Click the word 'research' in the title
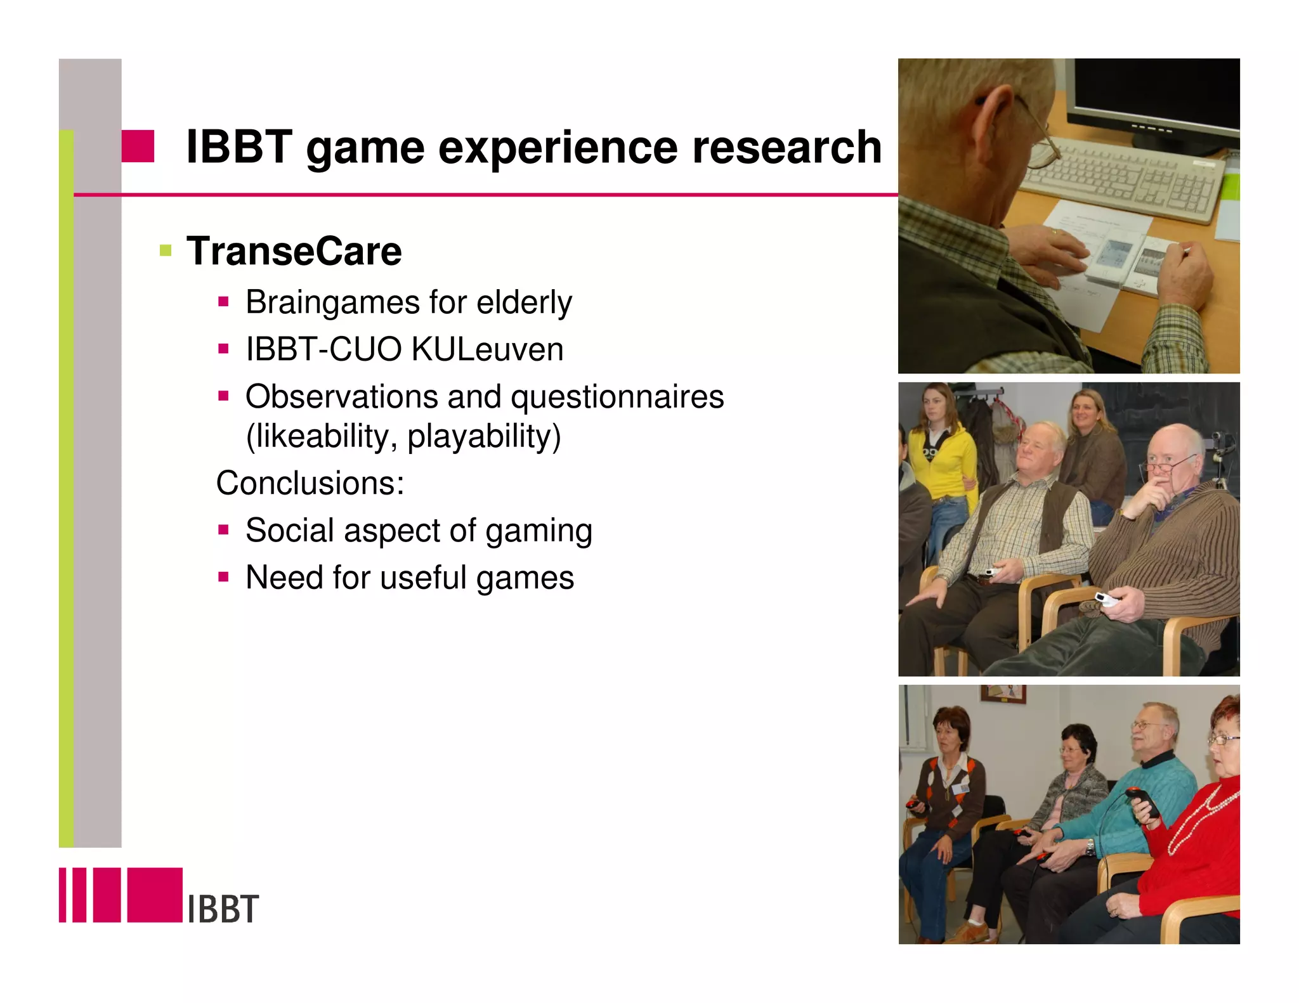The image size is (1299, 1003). pos(787,147)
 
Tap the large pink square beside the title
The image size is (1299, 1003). pos(138,146)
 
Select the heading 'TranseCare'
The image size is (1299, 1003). pos(294,251)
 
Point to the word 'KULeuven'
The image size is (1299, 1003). pos(487,349)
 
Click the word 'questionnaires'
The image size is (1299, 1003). pos(617,397)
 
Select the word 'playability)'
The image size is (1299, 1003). pos(484,436)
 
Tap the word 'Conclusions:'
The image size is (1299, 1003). pos(310,483)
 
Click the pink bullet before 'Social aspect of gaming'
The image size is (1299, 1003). pos(223,529)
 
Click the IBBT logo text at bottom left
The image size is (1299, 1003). pos(223,909)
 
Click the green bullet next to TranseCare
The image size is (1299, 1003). pos(166,250)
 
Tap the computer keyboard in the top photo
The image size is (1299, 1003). pos(1123,181)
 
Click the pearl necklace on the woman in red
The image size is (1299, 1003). pos(1202,818)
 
